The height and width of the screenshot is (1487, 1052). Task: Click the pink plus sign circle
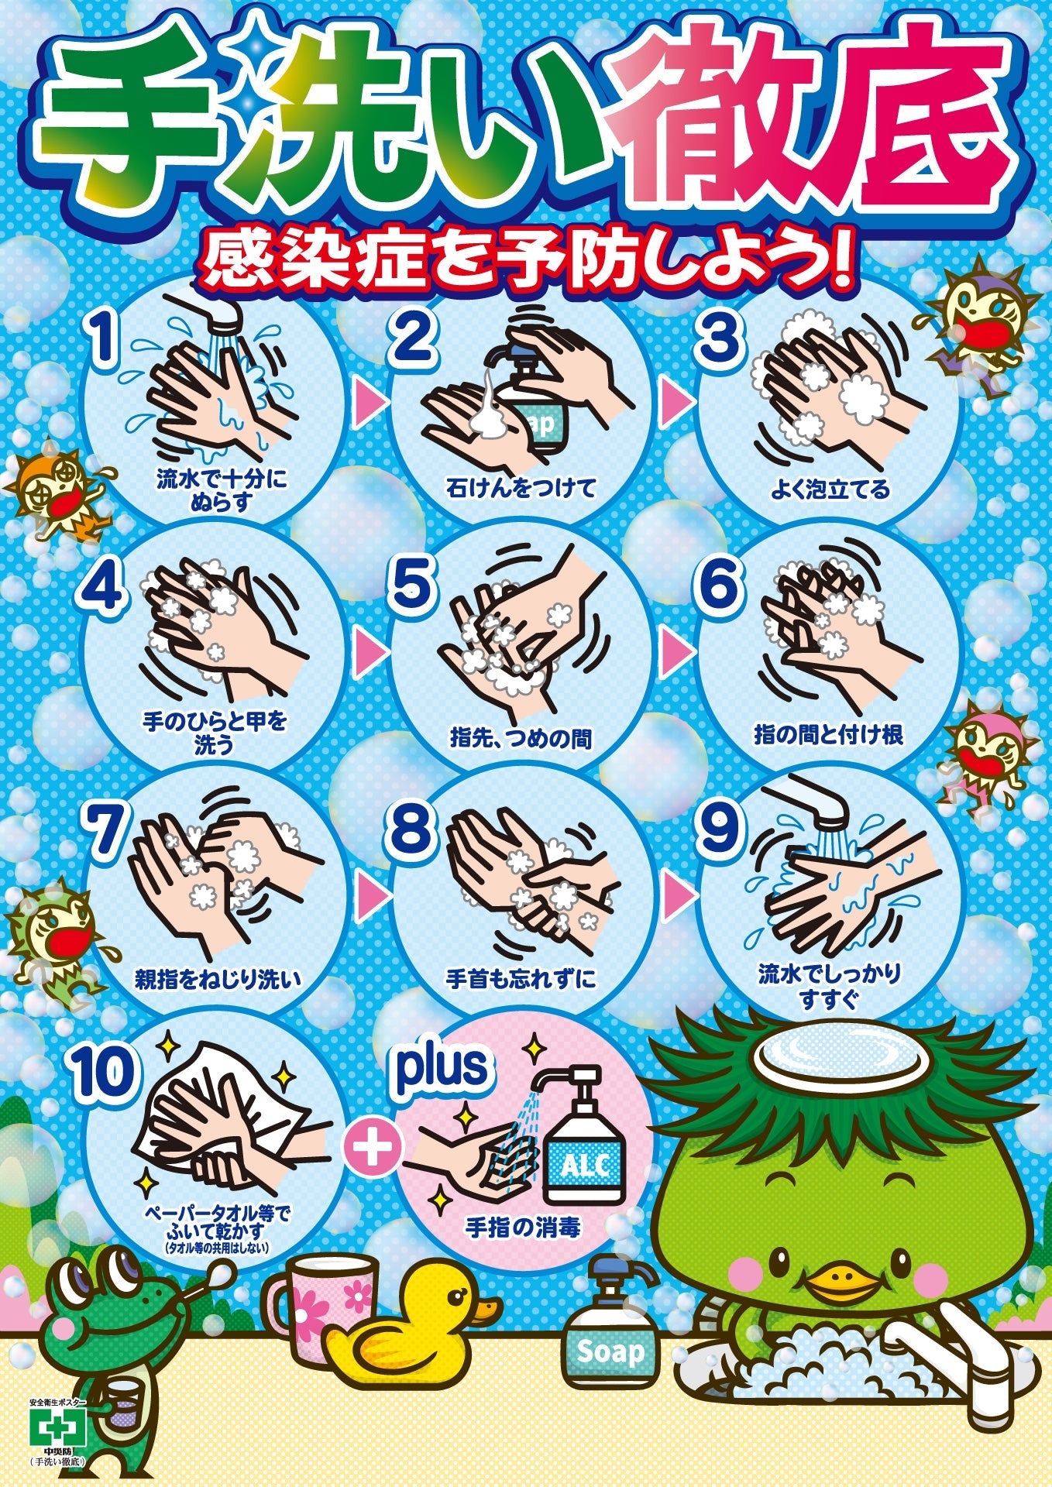(373, 1146)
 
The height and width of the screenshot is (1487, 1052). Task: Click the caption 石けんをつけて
(520, 488)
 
